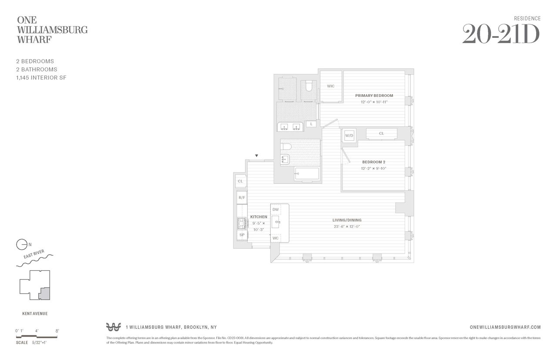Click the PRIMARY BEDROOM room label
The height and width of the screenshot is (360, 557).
click(374, 96)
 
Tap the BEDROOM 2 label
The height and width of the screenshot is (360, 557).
click(374, 162)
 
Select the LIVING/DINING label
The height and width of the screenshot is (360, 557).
click(347, 220)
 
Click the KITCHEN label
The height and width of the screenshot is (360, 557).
click(258, 217)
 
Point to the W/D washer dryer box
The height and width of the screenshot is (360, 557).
click(349, 136)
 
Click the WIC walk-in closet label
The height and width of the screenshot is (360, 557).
click(331, 86)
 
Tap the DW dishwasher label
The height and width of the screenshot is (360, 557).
click(275, 210)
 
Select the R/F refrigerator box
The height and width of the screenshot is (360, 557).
click(242, 198)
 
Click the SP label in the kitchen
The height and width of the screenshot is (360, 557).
click(242, 235)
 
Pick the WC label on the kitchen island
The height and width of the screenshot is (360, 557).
click(275, 238)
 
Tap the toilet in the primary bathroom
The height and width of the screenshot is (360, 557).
click(309, 86)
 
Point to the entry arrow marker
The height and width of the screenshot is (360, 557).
click(257, 156)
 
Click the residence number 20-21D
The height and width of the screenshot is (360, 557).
click(500, 34)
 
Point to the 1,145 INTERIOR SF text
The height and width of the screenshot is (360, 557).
click(41, 77)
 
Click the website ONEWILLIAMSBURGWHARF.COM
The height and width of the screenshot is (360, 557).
click(505, 327)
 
